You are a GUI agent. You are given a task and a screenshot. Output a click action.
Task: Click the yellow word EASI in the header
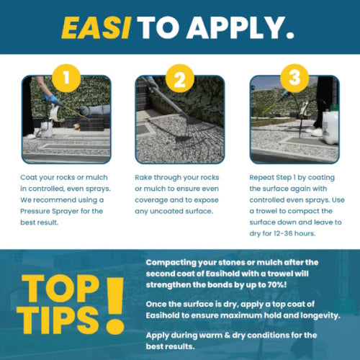pyautogui.click(x=96, y=27)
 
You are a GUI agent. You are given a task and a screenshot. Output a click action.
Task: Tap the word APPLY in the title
pyautogui.click(x=240, y=27)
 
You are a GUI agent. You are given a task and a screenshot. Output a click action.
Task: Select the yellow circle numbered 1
pyautogui.click(x=66, y=78)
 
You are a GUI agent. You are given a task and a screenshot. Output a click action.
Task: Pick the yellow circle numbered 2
pyautogui.click(x=180, y=78)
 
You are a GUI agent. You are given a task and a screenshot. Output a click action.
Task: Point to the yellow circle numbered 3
pyautogui.click(x=294, y=78)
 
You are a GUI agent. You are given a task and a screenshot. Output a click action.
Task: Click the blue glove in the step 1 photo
pyautogui.click(x=52, y=99)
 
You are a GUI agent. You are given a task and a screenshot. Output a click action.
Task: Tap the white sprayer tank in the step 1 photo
pyautogui.click(x=47, y=129)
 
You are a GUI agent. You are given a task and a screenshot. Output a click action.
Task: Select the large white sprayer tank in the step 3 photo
pyautogui.click(x=330, y=127)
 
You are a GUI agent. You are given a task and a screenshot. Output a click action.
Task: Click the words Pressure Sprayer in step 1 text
pyautogui.click(x=50, y=211)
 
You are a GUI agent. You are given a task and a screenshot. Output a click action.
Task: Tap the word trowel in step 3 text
pyautogui.click(x=266, y=211)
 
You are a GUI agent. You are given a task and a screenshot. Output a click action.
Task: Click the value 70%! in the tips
pyautogui.click(x=277, y=285)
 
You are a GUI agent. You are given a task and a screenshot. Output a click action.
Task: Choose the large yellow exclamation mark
pyautogui.click(x=115, y=306)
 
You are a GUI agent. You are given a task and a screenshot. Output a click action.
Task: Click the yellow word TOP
pyautogui.click(x=60, y=289)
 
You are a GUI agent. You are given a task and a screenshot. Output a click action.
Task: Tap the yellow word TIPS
pyautogui.click(x=58, y=320)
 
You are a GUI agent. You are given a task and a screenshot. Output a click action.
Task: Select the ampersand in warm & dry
pyautogui.click(x=228, y=336)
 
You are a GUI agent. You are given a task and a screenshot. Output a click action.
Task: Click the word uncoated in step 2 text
pyautogui.click(x=166, y=211)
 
